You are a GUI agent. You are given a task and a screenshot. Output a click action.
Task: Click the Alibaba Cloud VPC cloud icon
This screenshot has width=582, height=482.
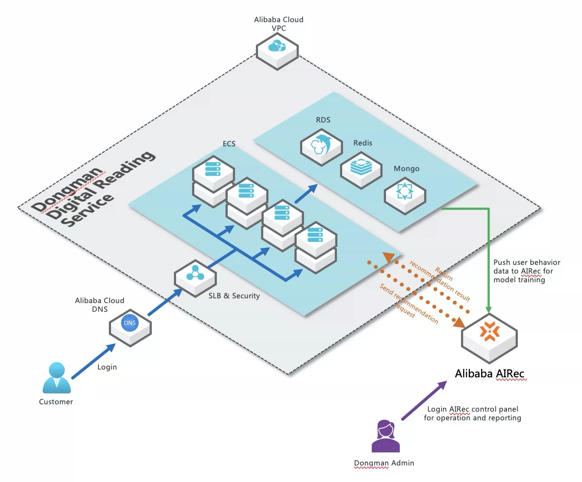pos(277,46)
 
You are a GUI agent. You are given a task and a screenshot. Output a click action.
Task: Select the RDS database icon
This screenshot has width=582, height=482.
pos(321,145)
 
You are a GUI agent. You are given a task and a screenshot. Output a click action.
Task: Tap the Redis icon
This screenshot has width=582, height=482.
pos(361,166)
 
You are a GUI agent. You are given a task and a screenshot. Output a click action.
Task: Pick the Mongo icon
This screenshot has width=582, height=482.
pos(405,191)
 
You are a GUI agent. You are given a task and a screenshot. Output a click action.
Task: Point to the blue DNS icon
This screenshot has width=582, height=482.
pos(130,323)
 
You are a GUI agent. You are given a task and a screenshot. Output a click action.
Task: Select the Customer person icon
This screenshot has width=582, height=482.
pos(56,378)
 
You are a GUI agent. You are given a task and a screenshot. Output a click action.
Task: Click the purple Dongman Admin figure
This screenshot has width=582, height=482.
pos(386,436)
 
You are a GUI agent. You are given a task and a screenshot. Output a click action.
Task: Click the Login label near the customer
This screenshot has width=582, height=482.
pos(107,367)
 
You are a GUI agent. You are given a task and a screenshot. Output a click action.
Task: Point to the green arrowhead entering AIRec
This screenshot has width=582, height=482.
pos(489,309)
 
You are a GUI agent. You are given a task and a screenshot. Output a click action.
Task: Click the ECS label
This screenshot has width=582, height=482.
pos(229,143)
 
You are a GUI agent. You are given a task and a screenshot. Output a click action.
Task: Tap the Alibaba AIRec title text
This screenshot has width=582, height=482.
pos(490,373)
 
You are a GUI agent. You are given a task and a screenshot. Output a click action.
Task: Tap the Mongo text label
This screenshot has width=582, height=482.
pos(406,168)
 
